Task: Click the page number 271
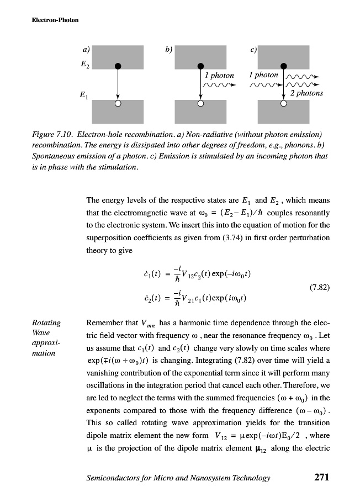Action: click(x=318, y=478)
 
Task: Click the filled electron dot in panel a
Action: click(x=118, y=66)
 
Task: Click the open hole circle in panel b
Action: click(x=200, y=103)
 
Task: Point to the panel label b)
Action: click(x=168, y=50)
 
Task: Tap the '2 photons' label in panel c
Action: click(x=306, y=93)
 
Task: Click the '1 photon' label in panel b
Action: click(x=219, y=75)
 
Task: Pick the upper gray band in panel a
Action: click(x=118, y=55)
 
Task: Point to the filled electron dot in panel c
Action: click(x=283, y=66)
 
